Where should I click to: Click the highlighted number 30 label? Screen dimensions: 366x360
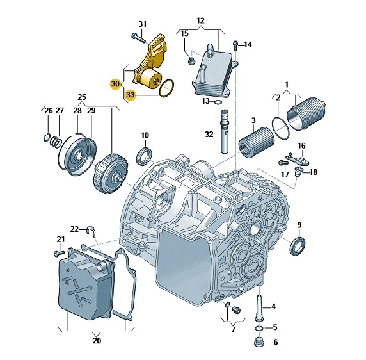(115, 84)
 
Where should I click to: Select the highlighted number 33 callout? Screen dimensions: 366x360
(131, 95)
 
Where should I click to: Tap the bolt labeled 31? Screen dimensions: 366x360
(138, 38)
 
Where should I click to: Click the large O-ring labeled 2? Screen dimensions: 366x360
(281, 128)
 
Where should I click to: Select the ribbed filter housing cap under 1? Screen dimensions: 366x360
(306, 114)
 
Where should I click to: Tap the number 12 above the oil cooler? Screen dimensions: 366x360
(200, 20)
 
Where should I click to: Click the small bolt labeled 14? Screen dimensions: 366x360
(235, 45)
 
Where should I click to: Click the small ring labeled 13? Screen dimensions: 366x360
(218, 102)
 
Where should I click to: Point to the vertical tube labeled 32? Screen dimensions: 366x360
(225, 131)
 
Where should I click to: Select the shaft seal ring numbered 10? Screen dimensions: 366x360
(144, 156)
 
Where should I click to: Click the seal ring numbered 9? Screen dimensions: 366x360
(298, 246)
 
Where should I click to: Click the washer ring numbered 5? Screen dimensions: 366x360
(259, 328)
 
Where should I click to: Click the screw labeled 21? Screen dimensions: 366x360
(58, 253)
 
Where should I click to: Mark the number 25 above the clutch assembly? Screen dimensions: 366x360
(82, 97)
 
